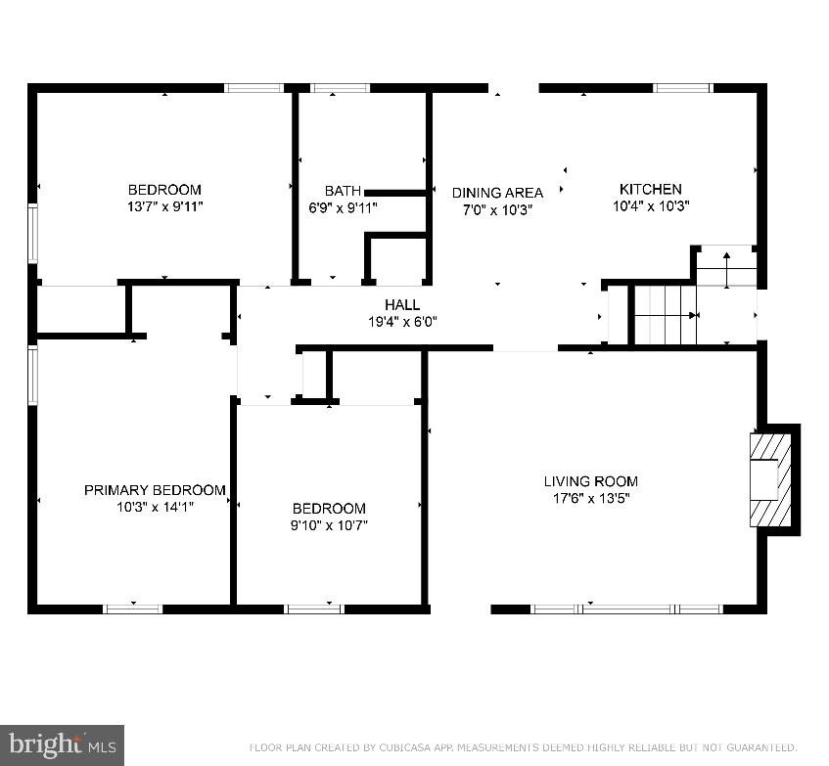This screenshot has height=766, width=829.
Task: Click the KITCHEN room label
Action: pos(650,189)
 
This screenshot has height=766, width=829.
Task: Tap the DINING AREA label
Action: pos(497,193)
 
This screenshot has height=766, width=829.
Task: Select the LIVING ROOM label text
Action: pos(590,480)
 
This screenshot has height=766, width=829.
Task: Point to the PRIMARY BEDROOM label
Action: pos(155,490)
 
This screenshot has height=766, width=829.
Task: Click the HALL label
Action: pos(402,304)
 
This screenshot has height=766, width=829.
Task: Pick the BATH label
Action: pos(343,191)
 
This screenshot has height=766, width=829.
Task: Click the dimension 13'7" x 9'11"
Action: pos(164,206)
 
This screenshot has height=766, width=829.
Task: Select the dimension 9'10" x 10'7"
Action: pos(329,525)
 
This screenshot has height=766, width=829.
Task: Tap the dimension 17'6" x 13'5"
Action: pos(590,498)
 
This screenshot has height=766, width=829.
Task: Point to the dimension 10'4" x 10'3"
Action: pos(651,206)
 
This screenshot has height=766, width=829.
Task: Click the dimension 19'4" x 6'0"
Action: pos(402,321)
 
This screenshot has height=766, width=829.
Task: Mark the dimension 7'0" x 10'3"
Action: pos(496,209)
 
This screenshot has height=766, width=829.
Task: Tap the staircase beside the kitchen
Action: pos(666,315)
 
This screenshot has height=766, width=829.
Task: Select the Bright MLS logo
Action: pos(62,745)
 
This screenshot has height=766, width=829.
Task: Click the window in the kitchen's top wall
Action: pos(682,88)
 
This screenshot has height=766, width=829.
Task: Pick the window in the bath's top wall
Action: pos(341,88)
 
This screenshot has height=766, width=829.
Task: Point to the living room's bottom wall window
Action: pos(626,608)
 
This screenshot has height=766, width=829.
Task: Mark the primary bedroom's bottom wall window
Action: pos(133,608)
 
